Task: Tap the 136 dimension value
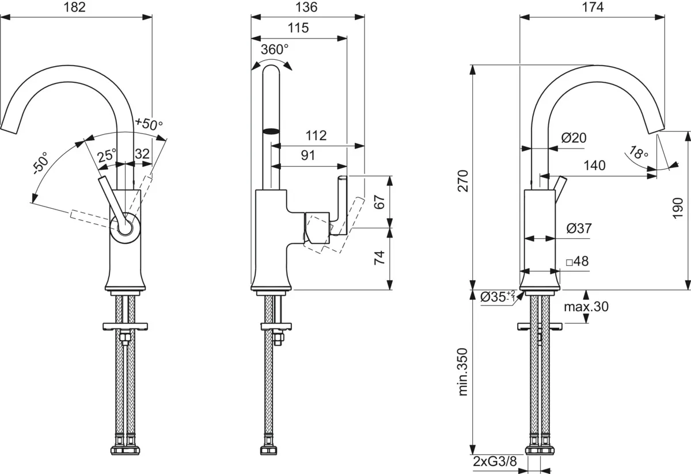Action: point(307,7)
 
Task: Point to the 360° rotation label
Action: point(274,49)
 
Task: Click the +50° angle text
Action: point(149,123)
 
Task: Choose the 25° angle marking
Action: point(106,155)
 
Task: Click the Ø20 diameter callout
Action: point(573,138)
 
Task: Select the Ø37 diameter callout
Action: point(578,228)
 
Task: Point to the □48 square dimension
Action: point(576,261)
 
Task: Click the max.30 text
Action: point(586,307)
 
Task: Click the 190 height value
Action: point(678,208)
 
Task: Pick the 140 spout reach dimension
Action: point(594,166)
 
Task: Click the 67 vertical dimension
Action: point(378,202)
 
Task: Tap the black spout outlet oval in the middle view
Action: point(270,131)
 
